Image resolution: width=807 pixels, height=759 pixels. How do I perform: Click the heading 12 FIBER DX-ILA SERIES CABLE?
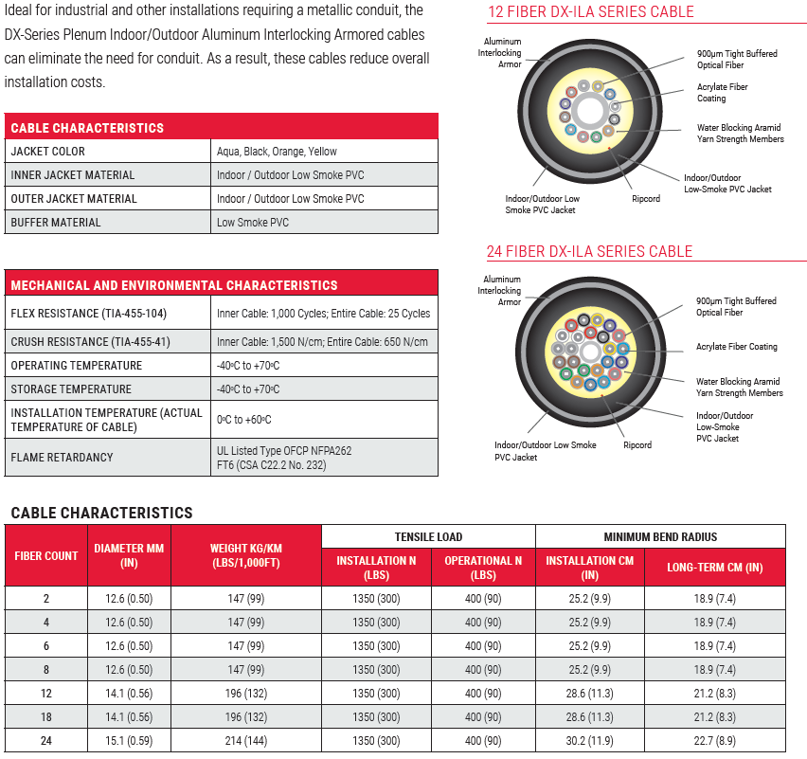click(x=590, y=12)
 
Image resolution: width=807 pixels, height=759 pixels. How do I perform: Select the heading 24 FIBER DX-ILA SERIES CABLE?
click(x=589, y=252)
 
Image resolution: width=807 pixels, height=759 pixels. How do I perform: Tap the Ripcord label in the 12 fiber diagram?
click(x=646, y=199)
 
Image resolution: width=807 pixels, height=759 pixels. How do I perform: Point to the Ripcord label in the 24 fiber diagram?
click(x=637, y=444)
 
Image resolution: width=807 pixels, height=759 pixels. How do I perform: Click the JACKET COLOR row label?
click(x=47, y=152)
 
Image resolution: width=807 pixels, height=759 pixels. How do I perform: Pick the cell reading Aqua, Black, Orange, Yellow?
click(x=277, y=152)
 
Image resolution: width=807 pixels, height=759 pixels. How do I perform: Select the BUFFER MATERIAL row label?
click(x=55, y=223)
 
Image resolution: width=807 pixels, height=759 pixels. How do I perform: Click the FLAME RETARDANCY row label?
click(x=62, y=458)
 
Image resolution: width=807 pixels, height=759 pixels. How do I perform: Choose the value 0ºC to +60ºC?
click(x=244, y=420)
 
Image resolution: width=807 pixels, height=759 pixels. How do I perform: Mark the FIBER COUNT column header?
click(x=46, y=556)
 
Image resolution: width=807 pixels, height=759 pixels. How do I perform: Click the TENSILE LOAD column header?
click(x=428, y=537)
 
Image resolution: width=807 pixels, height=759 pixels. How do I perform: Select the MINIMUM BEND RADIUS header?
click(x=660, y=537)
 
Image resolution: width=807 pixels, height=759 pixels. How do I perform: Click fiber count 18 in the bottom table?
click(x=46, y=718)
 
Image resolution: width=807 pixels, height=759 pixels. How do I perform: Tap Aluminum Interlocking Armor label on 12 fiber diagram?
click(x=502, y=54)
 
